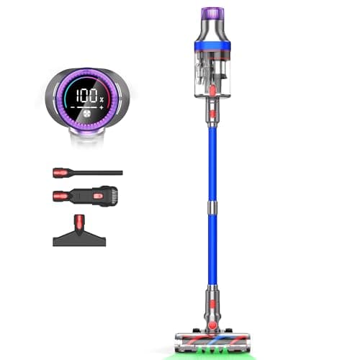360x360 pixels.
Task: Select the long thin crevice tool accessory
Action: [x=94, y=173]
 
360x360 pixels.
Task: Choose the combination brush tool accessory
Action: [x=86, y=195]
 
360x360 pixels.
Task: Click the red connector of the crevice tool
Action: [x=59, y=173]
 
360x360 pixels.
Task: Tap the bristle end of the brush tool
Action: [x=109, y=194]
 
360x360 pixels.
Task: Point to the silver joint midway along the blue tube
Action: [x=212, y=208]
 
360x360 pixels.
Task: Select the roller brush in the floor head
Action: [x=214, y=338]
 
